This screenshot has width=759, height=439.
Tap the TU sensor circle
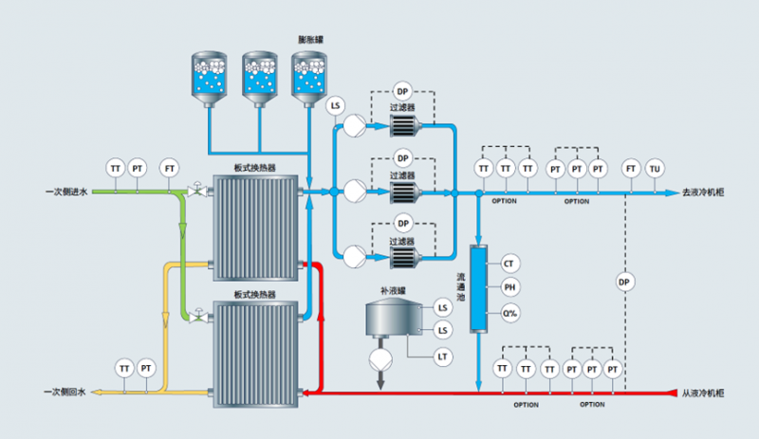click(x=654, y=169)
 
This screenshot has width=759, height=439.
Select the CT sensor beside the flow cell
click(x=509, y=263)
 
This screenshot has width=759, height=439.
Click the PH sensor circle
click(x=509, y=287)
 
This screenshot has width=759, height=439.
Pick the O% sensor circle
click(x=509, y=313)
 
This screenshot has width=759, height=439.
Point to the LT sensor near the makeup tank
click(x=442, y=357)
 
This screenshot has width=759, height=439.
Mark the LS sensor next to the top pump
click(x=334, y=106)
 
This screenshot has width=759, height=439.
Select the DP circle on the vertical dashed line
click(x=624, y=282)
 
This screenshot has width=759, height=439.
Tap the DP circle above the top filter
click(x=403, y=91)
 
